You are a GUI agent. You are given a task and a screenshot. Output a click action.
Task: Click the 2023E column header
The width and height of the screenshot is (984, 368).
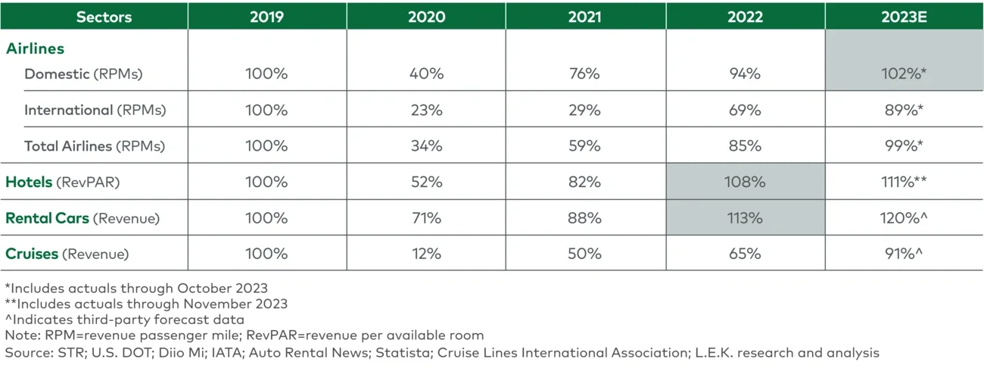(905, 17)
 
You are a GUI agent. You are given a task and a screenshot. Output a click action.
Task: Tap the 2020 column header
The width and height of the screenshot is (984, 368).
(426, 17)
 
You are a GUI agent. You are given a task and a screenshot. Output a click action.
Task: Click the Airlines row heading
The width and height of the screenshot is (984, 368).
(36, 48)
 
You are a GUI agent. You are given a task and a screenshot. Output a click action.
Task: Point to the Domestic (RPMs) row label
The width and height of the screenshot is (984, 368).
(83, 73)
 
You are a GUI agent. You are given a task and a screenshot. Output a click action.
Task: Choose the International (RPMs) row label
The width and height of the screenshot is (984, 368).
(95, 110)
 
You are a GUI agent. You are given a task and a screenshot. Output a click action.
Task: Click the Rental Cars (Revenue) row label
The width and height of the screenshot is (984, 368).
(83, 218)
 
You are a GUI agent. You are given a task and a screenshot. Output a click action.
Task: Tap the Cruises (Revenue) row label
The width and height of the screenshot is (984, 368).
(67, 254)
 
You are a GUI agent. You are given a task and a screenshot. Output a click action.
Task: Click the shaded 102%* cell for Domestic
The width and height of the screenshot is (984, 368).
(905, 73)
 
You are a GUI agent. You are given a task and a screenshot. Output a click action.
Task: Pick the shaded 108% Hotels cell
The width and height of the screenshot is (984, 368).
(746, 182)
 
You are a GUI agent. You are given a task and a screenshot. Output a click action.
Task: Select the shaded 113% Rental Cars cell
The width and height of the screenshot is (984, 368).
(746, 218)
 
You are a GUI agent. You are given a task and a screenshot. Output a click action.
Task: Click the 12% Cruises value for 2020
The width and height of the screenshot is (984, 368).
(426, 254)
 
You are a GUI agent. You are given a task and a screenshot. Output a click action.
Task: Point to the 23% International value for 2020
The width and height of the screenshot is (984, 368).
(426, 110)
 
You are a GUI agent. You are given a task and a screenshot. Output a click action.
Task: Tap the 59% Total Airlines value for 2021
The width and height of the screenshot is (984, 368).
(585, 145)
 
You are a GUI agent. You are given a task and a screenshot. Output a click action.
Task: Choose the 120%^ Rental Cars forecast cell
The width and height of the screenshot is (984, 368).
(905, 218)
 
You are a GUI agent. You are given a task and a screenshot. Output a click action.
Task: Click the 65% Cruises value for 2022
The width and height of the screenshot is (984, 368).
(746, 254)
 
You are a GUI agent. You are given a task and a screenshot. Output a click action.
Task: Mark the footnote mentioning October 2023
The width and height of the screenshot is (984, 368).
(136, 288)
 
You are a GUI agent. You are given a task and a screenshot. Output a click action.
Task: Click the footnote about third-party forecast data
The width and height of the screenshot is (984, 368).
(124, 320)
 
